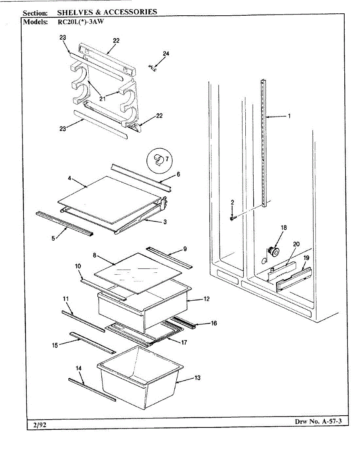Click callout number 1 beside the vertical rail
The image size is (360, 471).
click(289, 116)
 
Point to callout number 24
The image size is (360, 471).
click(166, 54)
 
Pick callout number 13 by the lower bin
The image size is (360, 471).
click(197, 378)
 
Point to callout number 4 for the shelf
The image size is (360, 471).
click(69, 178)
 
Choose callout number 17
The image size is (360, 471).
click(184, 342)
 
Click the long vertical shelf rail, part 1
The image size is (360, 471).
click(263, 141)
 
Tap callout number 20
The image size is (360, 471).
click(296, 244)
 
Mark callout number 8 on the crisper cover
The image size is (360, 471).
click(95, 255)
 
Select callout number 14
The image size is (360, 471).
click(79, 368)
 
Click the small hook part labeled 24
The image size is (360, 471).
click(154, 68)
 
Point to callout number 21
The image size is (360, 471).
click(102, 99)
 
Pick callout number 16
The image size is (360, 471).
click(214, 323)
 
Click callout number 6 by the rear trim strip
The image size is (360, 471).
click(178, 174)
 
